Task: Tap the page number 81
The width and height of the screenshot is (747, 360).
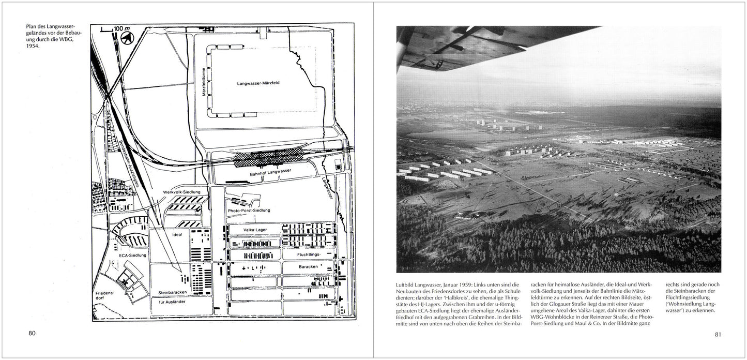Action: coord(718,334)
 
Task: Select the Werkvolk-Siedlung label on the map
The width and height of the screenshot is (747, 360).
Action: coord(181,192)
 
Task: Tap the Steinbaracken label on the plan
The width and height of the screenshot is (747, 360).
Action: coord(173,293)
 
